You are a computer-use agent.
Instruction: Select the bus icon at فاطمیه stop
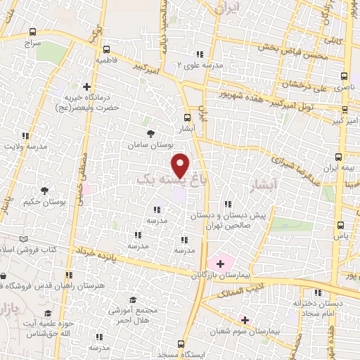point(106,50)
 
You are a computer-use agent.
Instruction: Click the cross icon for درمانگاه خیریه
point(86,88)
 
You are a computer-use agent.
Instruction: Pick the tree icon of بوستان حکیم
point(45,190)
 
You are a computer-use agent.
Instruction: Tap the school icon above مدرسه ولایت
point(26,135)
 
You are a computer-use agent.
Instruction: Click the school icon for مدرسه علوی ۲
point(200,54)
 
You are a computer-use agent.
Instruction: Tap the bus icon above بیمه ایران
point(340,157)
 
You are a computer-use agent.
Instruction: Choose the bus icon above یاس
point(340,226)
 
